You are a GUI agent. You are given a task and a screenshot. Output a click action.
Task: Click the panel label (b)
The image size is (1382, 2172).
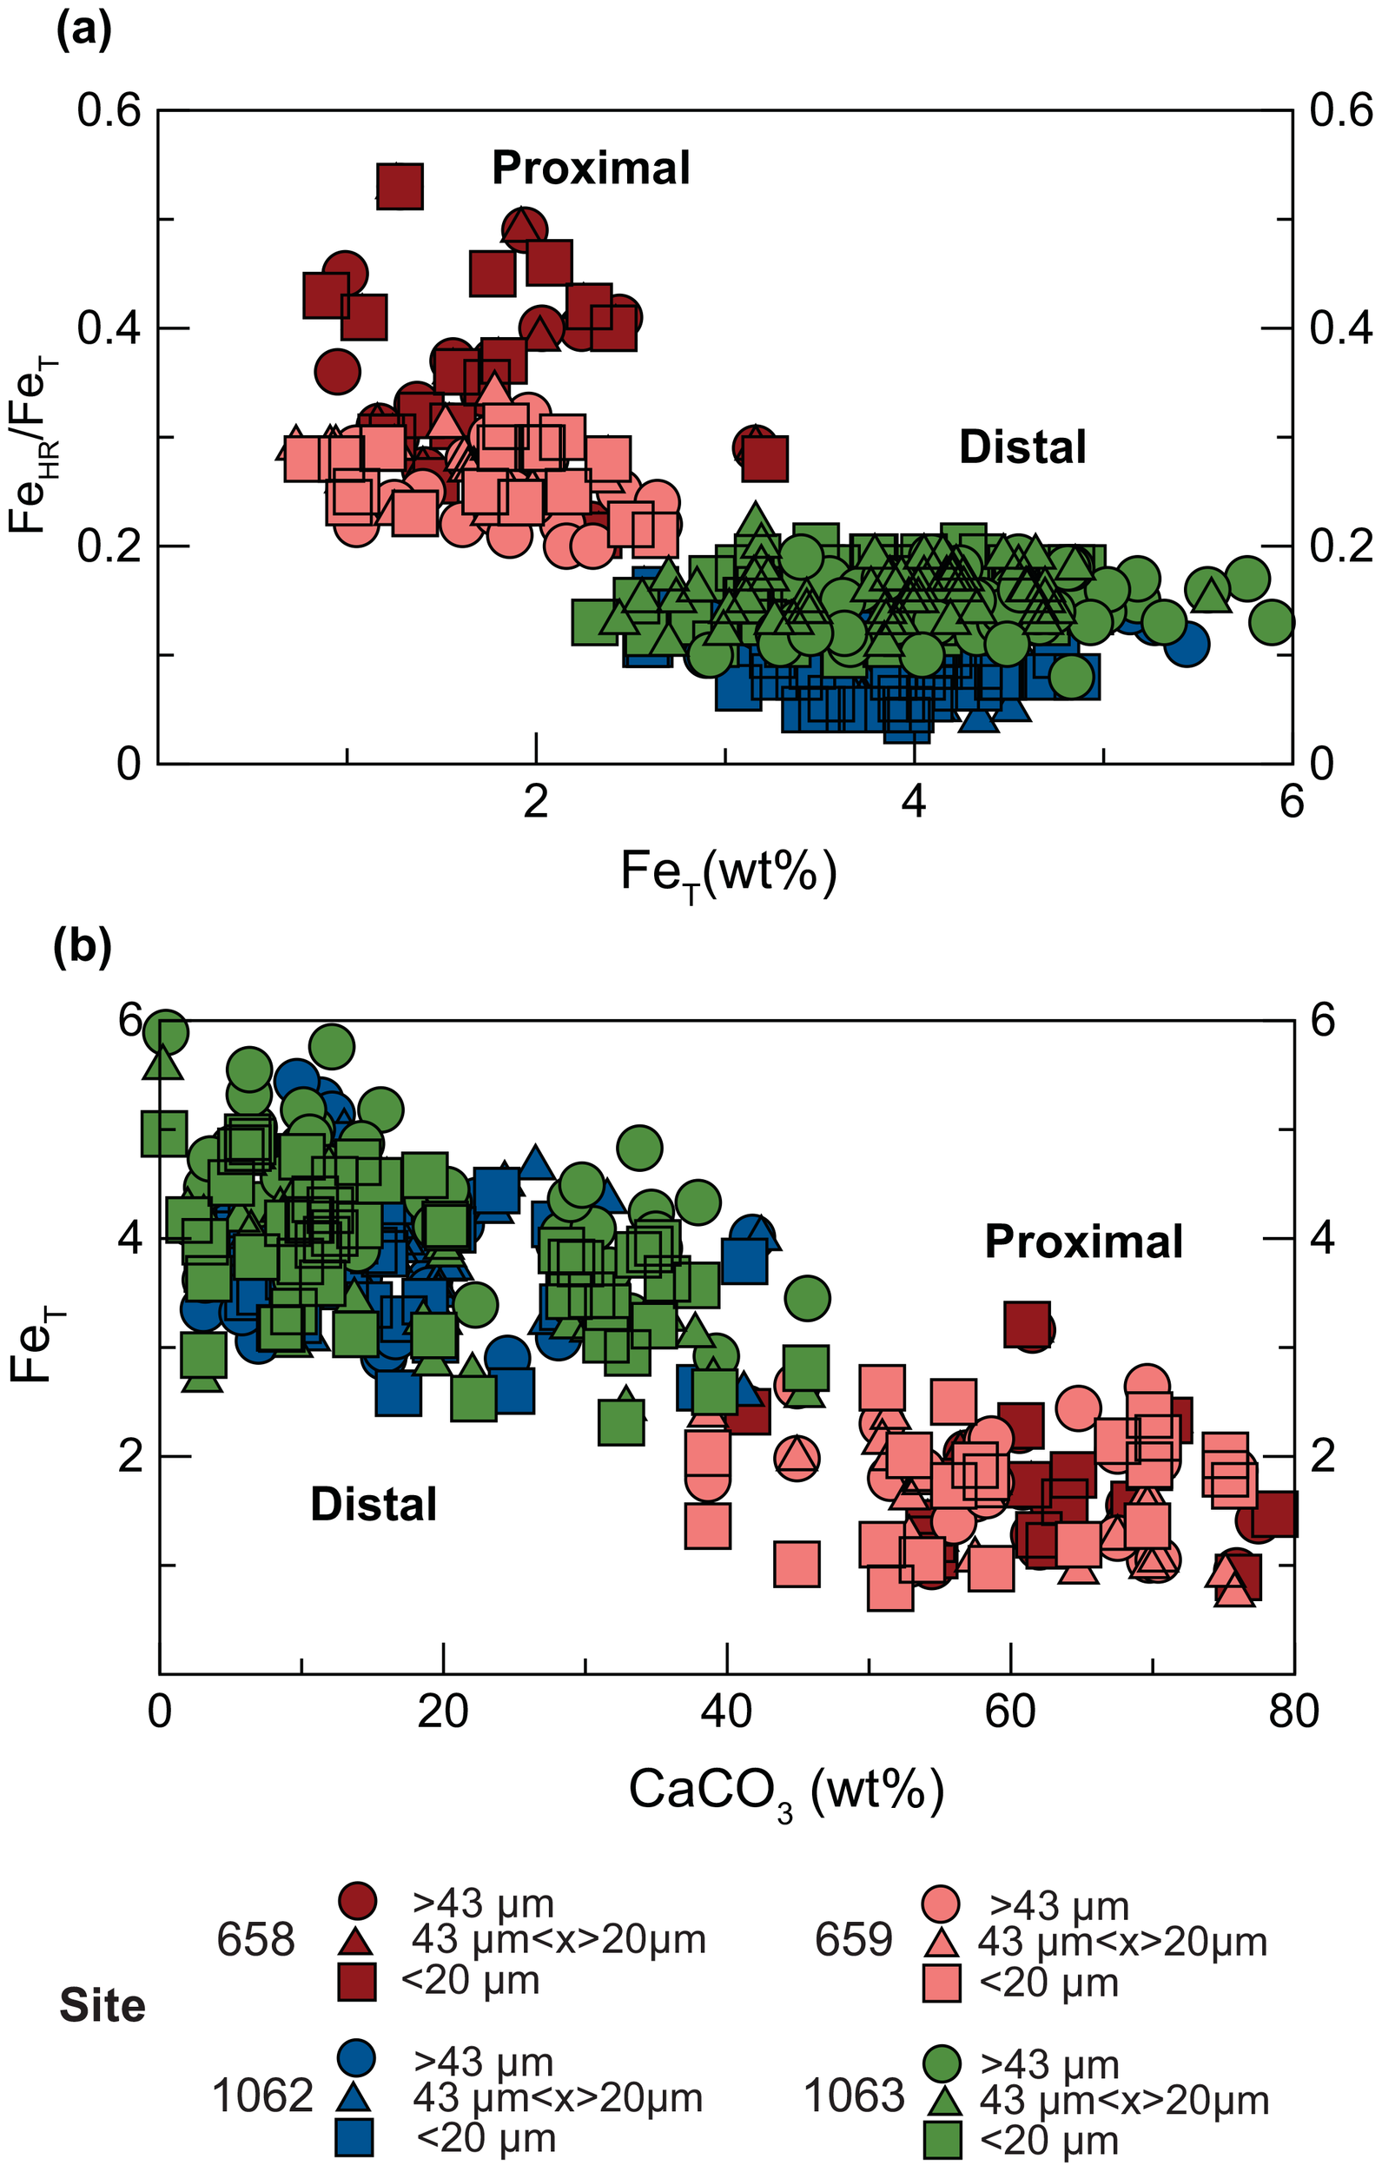[83, 947]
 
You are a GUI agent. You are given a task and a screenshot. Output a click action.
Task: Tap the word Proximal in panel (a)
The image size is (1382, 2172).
[591, 169]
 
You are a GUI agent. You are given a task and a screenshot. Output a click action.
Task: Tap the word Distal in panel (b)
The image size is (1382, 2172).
[374, 1505]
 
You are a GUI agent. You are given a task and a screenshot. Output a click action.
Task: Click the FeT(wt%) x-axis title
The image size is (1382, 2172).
[728, 874]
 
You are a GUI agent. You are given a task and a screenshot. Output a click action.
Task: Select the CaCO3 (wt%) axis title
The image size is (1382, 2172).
[787, 1791]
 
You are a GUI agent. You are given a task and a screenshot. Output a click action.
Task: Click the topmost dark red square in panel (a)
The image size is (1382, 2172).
[400, 187]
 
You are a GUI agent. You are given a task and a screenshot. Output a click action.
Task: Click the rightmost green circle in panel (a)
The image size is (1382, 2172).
[1273, 620]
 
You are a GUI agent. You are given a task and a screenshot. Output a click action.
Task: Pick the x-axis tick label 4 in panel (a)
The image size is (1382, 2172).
[914, 802]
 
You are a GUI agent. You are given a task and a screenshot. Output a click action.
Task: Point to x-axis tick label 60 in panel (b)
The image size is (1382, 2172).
[1010, 1711]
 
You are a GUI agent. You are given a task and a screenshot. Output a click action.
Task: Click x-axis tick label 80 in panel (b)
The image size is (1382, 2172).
[1293, 1711]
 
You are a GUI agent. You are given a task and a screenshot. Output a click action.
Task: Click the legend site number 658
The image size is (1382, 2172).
[255, 1940]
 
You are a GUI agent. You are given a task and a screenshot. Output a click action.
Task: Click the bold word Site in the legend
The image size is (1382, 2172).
[102, 2006]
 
